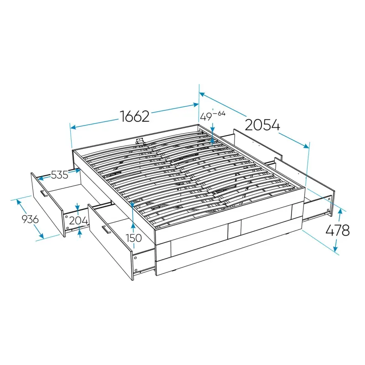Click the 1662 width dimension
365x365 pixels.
135,116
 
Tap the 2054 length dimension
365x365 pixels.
262,125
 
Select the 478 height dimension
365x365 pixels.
337,230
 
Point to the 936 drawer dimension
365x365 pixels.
30,219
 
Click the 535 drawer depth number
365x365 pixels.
60,175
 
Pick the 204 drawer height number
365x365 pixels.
78,220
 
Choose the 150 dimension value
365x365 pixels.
134,238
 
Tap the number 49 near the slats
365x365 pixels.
206,117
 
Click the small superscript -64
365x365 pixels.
219,114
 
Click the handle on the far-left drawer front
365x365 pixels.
44,193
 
